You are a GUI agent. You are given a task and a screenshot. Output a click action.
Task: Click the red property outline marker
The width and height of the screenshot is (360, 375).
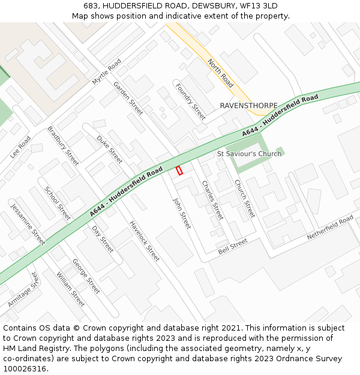179,170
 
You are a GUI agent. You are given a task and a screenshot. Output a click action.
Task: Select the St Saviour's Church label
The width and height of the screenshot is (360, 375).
249,154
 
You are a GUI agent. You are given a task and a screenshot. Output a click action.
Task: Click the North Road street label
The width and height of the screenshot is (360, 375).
220,73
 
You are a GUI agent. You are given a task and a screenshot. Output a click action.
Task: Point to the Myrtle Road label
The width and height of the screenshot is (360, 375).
106,71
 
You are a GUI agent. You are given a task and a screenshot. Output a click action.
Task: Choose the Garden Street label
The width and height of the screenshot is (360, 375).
128,98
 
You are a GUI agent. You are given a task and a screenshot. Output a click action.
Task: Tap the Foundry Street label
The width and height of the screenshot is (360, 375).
190,101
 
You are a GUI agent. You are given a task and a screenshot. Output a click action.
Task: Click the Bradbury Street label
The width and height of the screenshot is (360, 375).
63,146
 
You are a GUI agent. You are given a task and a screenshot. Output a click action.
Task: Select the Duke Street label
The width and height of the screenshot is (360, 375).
110,149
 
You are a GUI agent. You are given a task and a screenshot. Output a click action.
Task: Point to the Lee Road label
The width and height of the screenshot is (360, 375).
20,148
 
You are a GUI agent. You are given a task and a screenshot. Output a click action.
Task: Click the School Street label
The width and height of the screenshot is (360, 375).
58,203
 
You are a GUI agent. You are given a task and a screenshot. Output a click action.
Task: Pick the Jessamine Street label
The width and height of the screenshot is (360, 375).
28,224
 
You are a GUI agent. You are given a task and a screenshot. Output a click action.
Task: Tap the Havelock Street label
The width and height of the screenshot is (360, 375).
145,241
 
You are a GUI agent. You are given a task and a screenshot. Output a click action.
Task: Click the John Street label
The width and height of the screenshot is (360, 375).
182,214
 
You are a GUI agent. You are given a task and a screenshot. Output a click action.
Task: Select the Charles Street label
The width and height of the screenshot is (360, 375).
212,200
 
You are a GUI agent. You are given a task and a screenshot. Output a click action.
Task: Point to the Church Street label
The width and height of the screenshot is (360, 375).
245,199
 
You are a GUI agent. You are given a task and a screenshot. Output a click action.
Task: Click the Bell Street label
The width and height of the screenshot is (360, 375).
233,246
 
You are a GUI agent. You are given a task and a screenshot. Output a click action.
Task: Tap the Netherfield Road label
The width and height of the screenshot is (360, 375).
330,229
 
